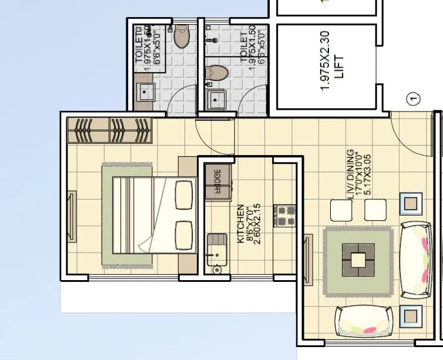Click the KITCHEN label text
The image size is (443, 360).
click(x=240, y=224)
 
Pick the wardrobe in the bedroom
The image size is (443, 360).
click(x=110, y=130)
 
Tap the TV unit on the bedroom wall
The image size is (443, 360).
click(x=72, y=216)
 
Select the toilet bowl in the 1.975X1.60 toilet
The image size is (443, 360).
click(x=182, y=36)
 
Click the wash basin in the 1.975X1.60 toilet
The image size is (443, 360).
click(x=145, y=93)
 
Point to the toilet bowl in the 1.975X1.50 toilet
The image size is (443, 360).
click(x=217, y=73)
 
